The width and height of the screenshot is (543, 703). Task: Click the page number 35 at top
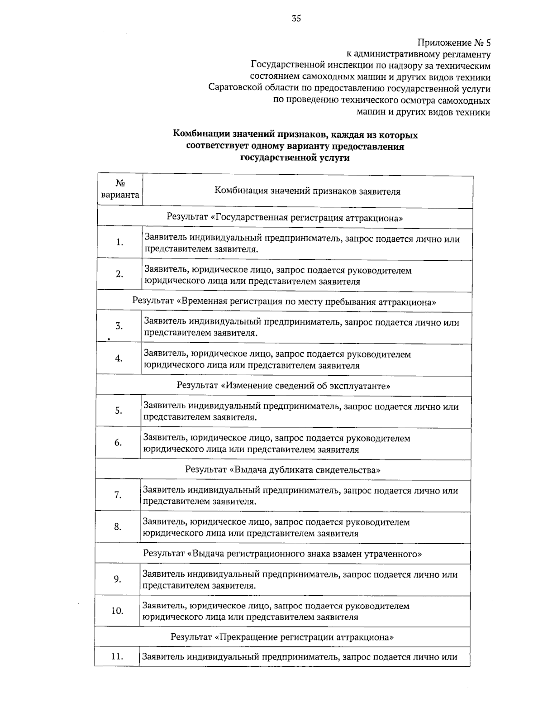296,19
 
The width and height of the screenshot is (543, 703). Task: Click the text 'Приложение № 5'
453,43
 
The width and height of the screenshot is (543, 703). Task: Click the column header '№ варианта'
120,189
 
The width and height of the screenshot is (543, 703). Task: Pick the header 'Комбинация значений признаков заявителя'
307,191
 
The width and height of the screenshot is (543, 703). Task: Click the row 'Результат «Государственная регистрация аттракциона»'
285,218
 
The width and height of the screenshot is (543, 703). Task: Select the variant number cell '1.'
119,243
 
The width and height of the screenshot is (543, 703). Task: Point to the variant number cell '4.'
119,359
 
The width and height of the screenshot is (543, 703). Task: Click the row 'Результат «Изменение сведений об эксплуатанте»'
283,386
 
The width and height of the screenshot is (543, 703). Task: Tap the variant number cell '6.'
118,443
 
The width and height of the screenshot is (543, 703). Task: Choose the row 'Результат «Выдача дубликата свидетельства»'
282,469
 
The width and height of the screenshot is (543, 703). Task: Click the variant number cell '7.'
118,495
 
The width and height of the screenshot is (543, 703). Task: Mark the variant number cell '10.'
117,611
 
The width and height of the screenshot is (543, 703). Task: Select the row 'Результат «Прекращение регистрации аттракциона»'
282,637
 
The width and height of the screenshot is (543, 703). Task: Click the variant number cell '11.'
117,656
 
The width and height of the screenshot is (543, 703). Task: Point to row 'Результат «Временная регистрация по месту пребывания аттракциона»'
284,301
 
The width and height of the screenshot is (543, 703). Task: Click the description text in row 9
300,580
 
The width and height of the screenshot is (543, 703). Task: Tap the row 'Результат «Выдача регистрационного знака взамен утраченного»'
282,554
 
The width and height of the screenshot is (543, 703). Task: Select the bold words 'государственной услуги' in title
295,158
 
